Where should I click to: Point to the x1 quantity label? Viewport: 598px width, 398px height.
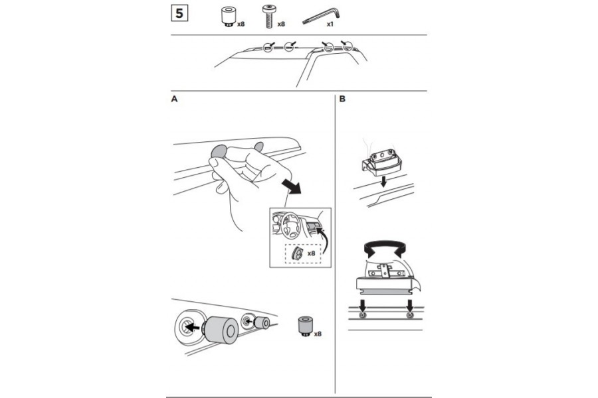(330, 24)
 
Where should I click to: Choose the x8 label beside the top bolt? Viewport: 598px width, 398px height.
(281, 24)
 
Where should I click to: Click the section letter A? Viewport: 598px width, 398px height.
(174, 99)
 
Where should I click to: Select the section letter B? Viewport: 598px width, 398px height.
(342, 99)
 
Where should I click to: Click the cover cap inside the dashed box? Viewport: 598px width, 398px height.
(298, 253)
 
